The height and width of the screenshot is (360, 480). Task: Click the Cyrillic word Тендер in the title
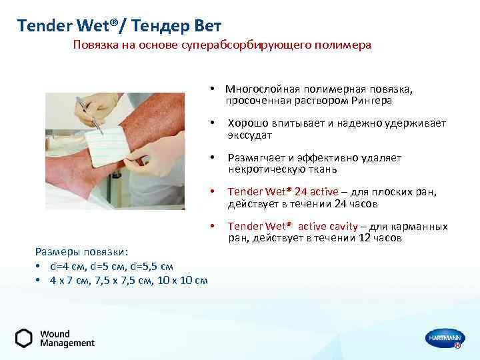point(158,26)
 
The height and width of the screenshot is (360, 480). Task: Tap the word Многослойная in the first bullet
point(263,89)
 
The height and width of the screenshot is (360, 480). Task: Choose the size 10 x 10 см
point(181,280)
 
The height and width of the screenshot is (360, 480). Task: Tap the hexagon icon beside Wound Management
point(24,338)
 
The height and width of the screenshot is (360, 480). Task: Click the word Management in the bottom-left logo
point(67,343)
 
